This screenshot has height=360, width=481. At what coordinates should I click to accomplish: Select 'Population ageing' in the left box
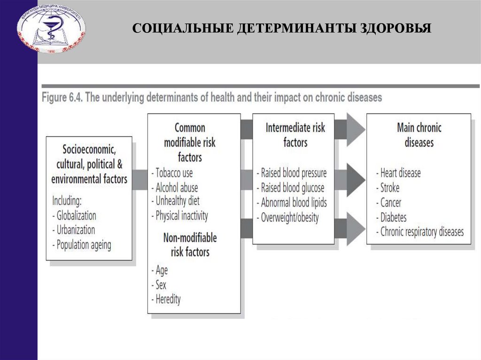(83, 245)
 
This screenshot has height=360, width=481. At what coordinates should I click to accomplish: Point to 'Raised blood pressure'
(293, 173)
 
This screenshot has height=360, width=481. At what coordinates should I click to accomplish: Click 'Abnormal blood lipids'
(293, 203)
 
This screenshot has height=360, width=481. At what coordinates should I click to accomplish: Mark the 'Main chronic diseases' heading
(419, 135)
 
